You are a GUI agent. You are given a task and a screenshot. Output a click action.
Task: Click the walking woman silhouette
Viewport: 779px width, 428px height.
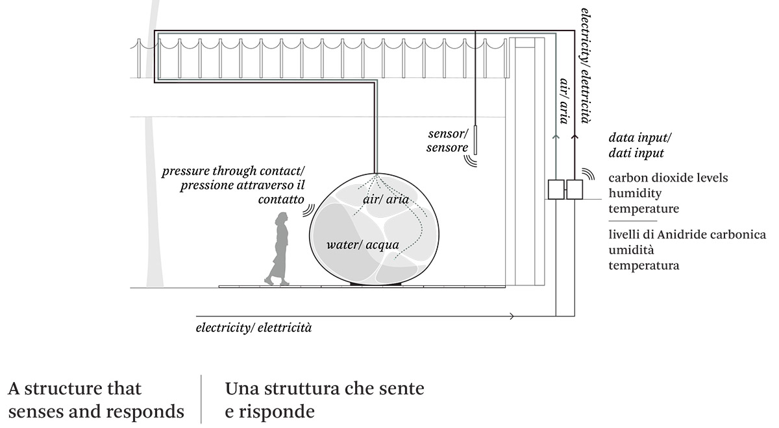click(x=280, y=250)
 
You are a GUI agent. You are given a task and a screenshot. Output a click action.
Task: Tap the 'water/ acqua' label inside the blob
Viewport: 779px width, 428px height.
click(x=362, y=245)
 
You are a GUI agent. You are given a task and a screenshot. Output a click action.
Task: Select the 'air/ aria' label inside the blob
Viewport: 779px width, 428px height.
click(x=386, y=199)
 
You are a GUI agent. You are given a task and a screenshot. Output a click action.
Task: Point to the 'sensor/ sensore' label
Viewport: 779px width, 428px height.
click(x=447, y=141)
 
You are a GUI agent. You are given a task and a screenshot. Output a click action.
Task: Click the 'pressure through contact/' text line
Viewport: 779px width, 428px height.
click(x=233, y=172)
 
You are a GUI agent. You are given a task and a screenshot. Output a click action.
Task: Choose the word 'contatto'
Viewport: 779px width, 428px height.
click(x=281, y=200)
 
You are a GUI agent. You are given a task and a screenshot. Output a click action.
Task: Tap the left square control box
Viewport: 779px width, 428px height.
click(x=556, y=189)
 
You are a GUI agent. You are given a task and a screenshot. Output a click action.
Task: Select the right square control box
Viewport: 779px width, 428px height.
click(x=575, y=189)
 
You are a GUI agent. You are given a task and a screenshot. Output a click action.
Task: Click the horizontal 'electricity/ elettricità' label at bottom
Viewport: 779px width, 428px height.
click(x=254, y=327)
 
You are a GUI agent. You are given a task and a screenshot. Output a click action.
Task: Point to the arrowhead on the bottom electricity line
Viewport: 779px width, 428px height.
click(x=512, y=316)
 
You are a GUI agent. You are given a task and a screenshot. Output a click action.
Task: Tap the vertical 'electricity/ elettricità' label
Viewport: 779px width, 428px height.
click(x=586, y=65)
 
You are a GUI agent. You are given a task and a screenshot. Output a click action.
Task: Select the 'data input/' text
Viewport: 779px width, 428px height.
click(x=640, y=138)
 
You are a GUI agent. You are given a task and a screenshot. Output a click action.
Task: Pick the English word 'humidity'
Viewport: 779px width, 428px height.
click(x=634, y=193)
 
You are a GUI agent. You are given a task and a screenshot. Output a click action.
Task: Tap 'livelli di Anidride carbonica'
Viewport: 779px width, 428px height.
click(x=687, y=234)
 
